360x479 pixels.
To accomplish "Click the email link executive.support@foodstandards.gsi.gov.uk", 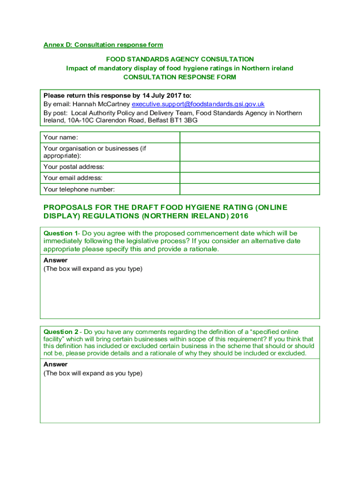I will click(x=198, y=104).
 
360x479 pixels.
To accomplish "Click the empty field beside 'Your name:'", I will click(x=250, y=137).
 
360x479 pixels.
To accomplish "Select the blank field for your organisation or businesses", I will click(x=250, y=152).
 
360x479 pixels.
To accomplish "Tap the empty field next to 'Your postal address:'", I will click(x=250, y=167).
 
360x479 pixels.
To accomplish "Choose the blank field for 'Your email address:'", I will click(x=250, y=178).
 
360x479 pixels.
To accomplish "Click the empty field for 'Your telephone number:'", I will click(x=250, y=189).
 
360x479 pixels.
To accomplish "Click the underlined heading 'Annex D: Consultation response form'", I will click(x=103, y=45).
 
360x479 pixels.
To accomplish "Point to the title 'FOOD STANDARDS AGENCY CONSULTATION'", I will click(x=180, y=59).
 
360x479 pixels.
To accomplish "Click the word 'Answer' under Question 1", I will click(x=56, y=260).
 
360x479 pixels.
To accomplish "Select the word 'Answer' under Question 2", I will click(x=56, y=364).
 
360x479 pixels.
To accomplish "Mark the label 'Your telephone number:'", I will click(x=79, y=189).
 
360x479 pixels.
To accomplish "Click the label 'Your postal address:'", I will click(x=74, y=167).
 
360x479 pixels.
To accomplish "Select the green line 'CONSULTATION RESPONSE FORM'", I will click(x=180, y=77).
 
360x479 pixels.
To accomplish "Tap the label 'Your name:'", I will click(x=61, y=138).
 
